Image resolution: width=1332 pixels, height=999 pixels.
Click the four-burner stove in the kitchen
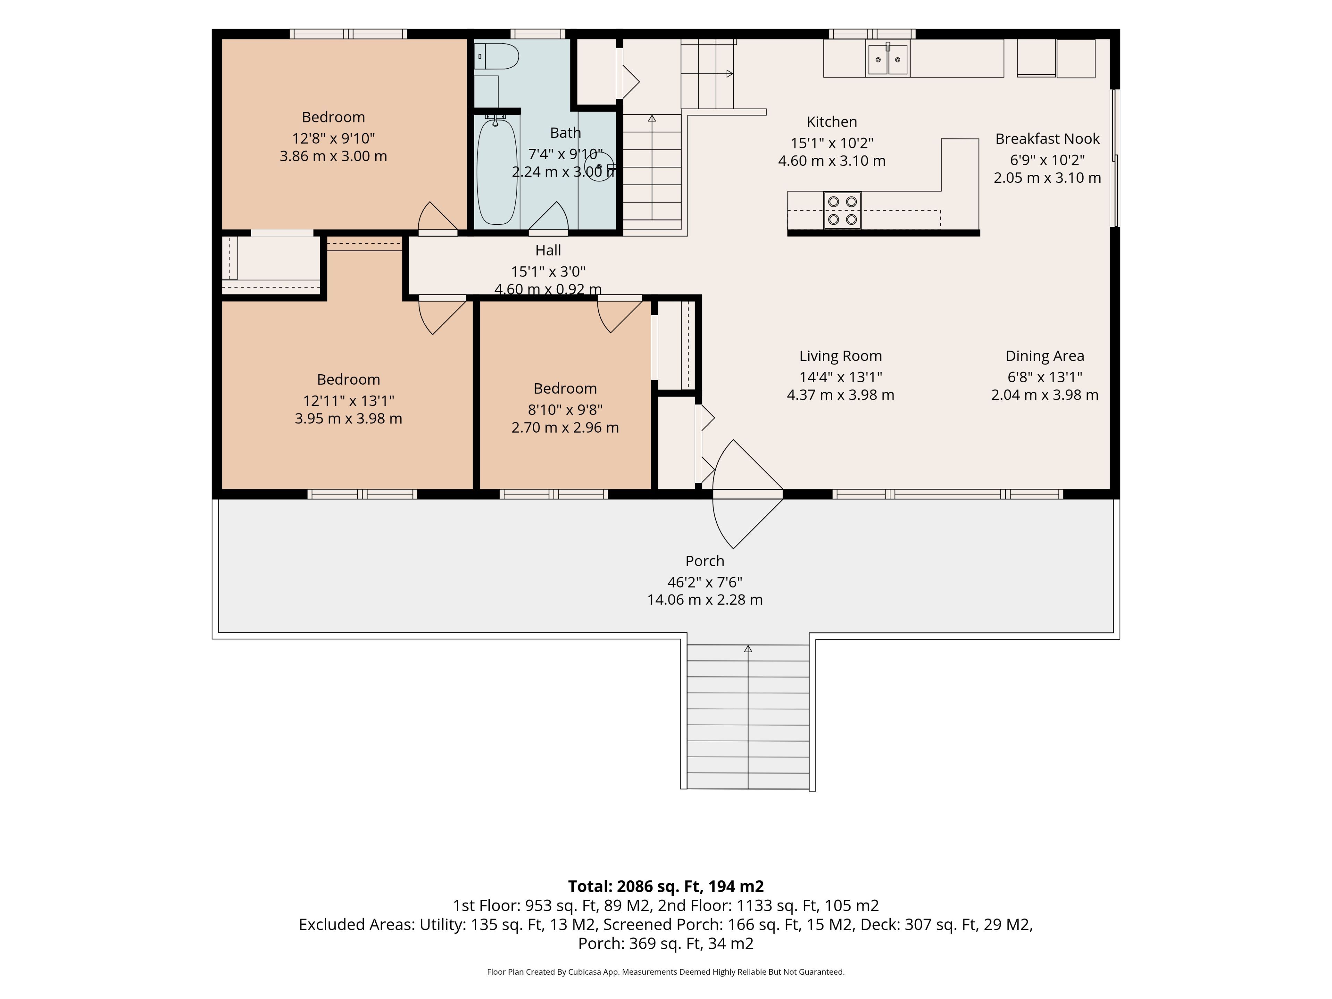(x=843, y=210)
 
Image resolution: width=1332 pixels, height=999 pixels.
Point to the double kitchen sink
(x=888, y=59)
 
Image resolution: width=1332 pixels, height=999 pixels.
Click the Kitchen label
(x=831, y=122)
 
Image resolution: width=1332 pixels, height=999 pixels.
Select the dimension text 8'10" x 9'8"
(x=565, y=409)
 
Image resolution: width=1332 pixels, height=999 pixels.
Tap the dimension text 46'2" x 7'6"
(x=705, y=582)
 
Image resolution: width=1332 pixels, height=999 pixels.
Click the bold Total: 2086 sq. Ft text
(x=635, y=886)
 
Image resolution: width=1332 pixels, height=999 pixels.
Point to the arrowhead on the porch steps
(x=748, y=649)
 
